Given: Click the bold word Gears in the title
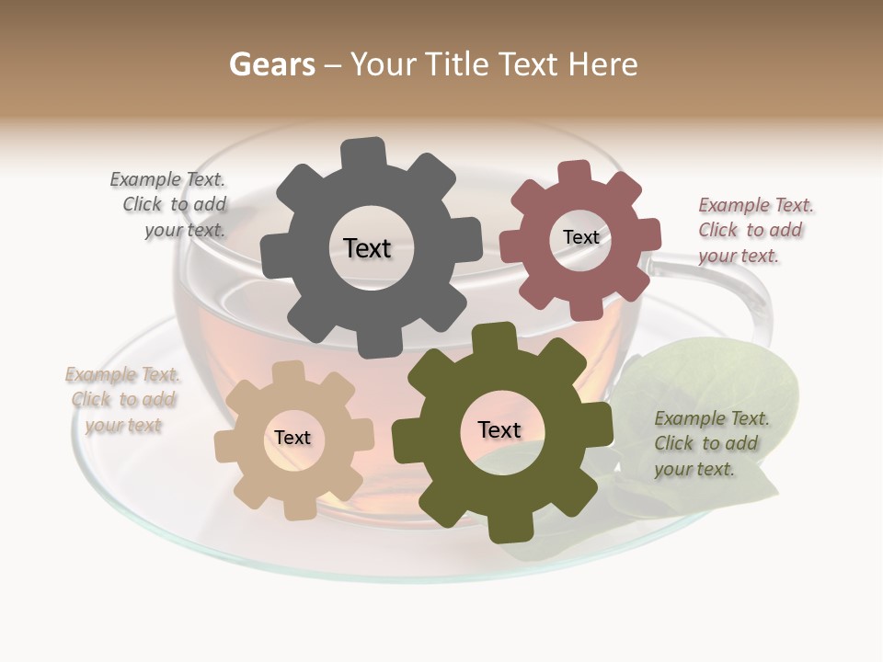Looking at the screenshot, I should point(271,64).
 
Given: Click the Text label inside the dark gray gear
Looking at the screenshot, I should point(367,248).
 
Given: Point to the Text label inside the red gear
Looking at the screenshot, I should point(580,237).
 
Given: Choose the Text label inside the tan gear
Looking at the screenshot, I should point(292,438).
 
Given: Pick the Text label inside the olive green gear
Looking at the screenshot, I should point(499,429).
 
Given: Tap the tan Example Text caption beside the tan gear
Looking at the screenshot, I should point(122,400).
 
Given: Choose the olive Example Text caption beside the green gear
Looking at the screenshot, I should point(710,443).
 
